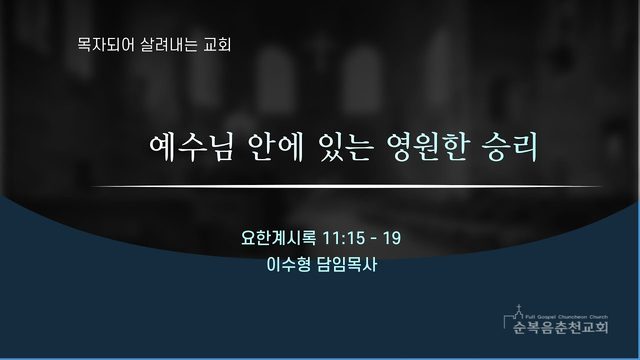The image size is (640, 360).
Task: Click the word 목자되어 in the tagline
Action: (x=106, y=44)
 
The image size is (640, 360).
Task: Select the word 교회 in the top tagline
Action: (x=217, y=44)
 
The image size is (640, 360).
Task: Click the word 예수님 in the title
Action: (x=191, y=147)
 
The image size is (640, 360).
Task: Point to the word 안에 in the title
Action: (x=276, y=147)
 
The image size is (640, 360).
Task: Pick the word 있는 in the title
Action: (x=346, y=147)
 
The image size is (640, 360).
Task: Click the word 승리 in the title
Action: (x=510, y=147)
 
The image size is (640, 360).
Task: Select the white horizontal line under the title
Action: (x=346, y=187)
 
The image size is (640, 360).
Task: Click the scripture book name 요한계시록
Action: (x=278, y=238)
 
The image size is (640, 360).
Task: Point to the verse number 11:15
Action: (x=344, y=238)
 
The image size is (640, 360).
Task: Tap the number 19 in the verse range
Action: (x=392, y=238)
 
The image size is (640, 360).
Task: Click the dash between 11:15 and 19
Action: (x=374, y=238)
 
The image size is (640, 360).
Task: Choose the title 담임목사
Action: (x=347, y=264)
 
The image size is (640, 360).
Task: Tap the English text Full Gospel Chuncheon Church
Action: (x=567, y=317)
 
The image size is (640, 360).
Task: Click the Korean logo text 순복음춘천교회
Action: (x=561, y=327)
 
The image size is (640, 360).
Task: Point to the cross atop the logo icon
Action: (x=519, y=307)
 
